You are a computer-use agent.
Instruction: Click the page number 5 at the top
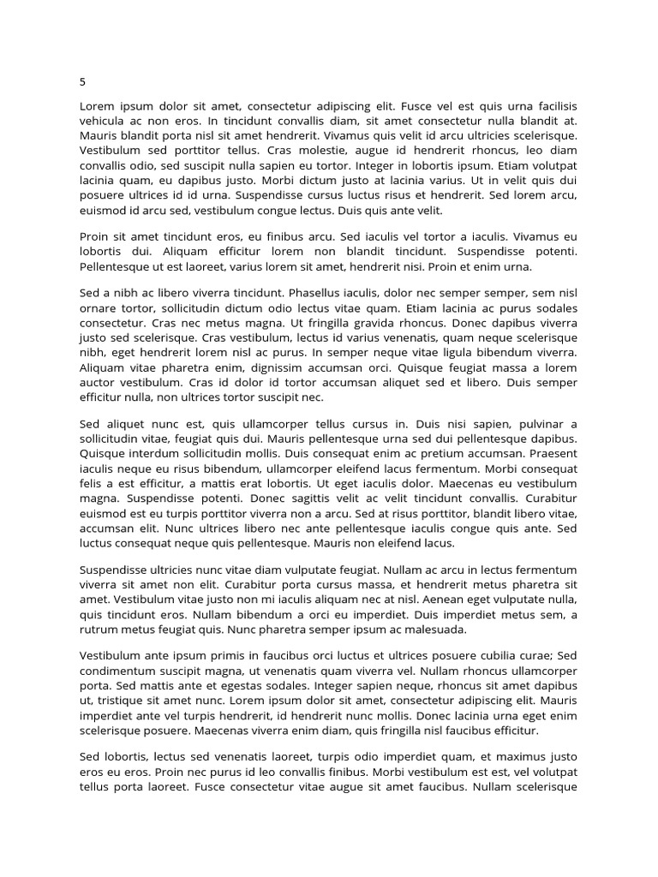coord(83,82)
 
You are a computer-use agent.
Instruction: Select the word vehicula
coord(105,121)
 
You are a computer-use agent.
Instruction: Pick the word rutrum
coord(99,629)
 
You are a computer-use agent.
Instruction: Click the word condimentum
coord(122,670)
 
